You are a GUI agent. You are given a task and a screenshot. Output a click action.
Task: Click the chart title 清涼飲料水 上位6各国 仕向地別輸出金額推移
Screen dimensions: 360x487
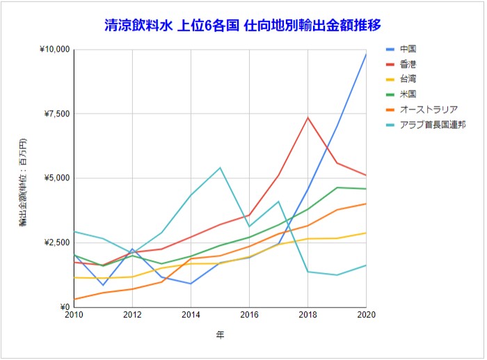242,26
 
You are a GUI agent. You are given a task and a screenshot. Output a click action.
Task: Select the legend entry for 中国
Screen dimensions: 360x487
409,49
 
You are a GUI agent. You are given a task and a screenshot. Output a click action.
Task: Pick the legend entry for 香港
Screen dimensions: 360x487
409,64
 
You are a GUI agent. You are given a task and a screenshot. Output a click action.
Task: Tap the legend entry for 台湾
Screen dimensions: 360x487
409,79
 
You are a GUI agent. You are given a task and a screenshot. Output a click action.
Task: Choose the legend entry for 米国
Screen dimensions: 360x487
409,94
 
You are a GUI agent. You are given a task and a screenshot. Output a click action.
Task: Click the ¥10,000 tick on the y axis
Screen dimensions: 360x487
55,49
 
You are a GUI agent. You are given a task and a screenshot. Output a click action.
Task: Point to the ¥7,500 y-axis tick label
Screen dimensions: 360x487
57,114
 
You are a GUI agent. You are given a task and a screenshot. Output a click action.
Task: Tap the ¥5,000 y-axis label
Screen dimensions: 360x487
57,178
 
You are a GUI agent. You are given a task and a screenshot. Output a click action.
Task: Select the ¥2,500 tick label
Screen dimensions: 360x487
57,242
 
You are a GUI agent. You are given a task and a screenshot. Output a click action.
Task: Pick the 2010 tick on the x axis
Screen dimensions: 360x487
74,315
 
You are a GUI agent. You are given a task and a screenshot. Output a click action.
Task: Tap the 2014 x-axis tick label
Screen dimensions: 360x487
191,315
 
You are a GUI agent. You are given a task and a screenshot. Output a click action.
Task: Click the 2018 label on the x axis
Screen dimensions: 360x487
308,315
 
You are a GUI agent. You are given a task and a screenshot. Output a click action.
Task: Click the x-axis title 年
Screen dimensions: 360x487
220,335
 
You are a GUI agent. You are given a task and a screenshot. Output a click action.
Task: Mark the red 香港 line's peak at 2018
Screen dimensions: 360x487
308,117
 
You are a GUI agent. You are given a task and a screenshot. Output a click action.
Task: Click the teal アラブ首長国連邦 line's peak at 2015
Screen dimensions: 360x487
220,167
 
